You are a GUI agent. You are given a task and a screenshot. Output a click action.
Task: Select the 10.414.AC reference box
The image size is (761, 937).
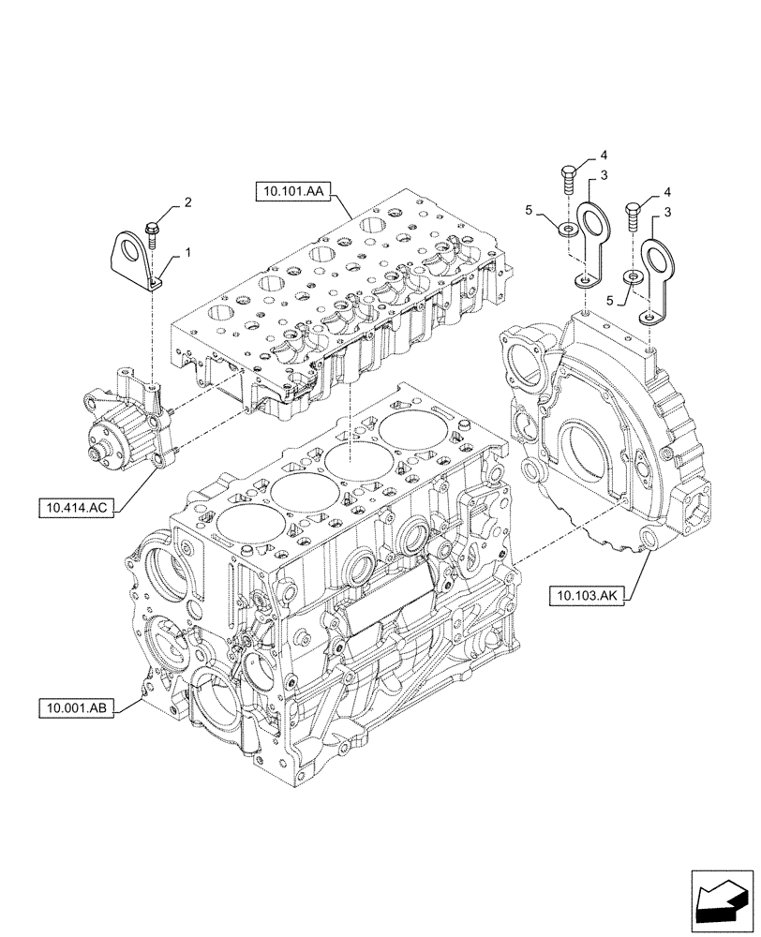point(76,508)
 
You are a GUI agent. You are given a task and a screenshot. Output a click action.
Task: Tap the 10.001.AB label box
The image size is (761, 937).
point(76,708)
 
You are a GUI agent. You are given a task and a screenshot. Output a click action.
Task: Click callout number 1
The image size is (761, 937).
point(187,252)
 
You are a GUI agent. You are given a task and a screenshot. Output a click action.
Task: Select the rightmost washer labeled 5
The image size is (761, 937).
point(633,276)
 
